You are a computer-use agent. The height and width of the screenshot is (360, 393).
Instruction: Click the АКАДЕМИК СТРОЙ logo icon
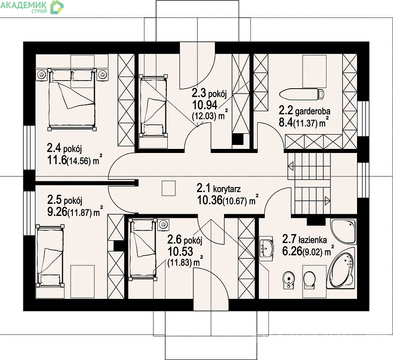57,7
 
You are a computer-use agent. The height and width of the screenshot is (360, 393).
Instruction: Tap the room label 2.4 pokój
64,148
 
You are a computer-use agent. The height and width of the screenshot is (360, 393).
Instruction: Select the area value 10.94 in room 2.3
205,105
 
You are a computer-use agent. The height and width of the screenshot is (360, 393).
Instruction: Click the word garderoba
313,111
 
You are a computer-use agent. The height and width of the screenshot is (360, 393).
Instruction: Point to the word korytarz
227,189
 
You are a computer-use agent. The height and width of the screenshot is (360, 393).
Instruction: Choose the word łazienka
313,240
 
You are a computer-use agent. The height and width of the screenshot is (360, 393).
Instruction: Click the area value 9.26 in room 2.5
58,212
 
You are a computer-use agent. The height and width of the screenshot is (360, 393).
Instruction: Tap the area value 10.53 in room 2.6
180,251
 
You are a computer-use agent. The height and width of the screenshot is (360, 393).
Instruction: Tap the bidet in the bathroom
289,280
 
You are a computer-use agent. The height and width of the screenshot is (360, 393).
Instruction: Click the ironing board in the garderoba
302,94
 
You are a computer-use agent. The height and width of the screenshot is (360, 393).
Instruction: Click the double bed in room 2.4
72,99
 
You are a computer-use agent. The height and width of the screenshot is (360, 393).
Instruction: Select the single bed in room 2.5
50,256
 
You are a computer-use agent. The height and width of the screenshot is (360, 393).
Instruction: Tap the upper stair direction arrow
291,166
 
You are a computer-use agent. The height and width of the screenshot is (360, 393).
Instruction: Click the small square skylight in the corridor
169,188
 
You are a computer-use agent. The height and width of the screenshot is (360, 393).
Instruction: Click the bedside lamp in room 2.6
163,224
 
